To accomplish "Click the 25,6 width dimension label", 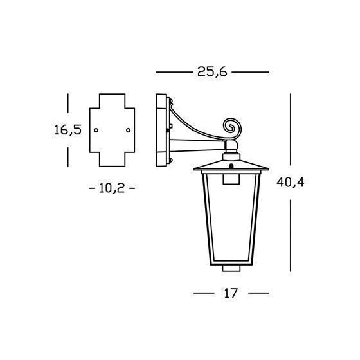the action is point(212,72).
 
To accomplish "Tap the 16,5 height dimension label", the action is point(67,130).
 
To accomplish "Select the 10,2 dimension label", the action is point(112,188).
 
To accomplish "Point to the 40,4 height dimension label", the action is point(290,183).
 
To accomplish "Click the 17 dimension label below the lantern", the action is point(231,293).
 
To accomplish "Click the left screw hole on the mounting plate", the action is point(96,130).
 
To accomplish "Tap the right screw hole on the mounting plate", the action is point(128,130).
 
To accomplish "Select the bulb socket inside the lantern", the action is point(231,179).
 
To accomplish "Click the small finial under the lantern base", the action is point(231,268).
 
